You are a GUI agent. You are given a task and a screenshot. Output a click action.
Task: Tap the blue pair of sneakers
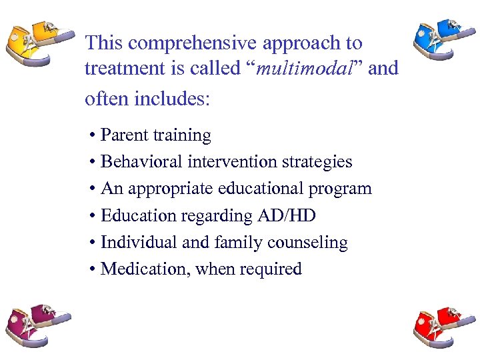pyautogui.click(x=440, y=41)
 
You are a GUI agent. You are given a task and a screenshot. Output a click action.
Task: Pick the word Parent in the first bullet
pyautogui.click(x=125, y=135)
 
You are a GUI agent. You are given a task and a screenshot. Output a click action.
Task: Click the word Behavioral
pyautogui.click(x=141, y=162)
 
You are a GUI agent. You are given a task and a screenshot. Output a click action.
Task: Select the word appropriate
pyautogui.click(x=172, y=189)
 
